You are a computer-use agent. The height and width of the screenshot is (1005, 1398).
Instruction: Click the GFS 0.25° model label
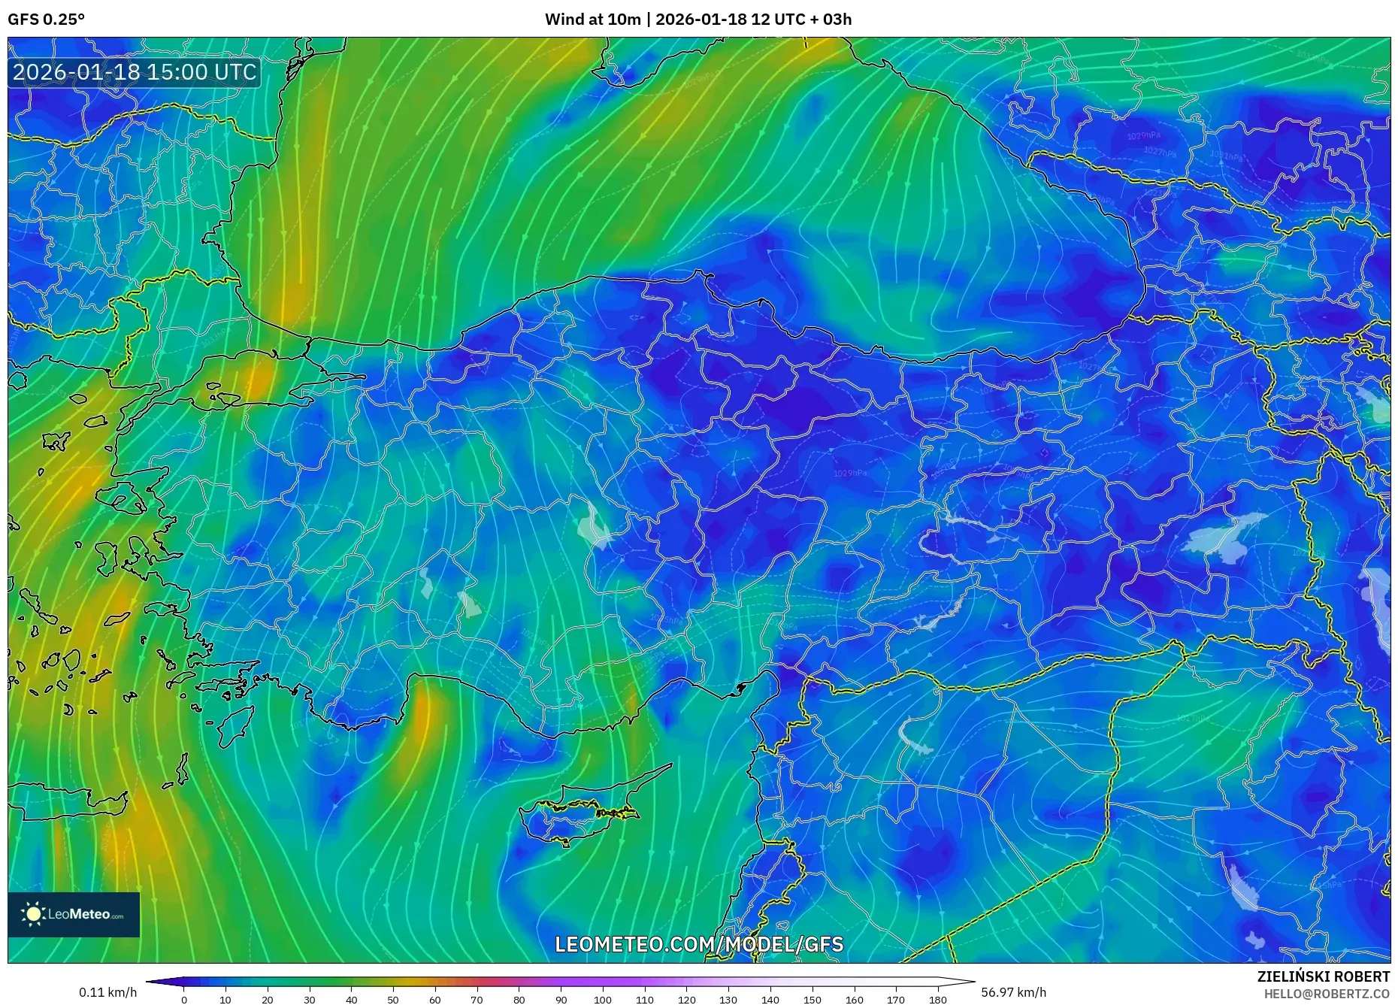(x=47, y=20)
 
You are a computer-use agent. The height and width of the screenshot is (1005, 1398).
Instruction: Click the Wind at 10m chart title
(x=698, y=20)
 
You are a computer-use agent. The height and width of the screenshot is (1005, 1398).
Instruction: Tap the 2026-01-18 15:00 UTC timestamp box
(x=135, y=72)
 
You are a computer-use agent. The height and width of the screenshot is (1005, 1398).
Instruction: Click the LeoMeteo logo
(x=74, y=914)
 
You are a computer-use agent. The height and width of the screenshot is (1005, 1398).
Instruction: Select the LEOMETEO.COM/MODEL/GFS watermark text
(x=699, y=944)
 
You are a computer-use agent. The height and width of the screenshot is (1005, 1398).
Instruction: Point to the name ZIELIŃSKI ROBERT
(x=1323, y=976)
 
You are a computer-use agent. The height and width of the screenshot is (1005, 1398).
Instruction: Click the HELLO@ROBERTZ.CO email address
(x=1327, y=994)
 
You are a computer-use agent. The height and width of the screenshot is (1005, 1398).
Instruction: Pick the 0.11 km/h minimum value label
(x=108, y=992)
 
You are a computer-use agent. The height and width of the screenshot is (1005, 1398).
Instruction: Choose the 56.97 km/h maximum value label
(x=1013, y=992)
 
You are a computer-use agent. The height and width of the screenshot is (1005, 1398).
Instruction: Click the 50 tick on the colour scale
(x=393, y=1000)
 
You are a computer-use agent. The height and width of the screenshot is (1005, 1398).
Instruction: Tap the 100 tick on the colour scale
(x=603, y=1000)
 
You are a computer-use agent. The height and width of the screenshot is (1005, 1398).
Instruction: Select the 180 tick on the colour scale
(x=937, y=1000)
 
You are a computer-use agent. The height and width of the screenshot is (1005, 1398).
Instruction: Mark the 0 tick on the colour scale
(x=184, y=1000)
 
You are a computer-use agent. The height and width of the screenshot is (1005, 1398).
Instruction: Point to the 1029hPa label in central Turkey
(x=850, y=473)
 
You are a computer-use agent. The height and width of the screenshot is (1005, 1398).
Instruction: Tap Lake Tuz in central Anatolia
(x=595, y=525)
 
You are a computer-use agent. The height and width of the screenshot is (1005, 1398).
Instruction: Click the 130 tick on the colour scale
(x=728, y=1000)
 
